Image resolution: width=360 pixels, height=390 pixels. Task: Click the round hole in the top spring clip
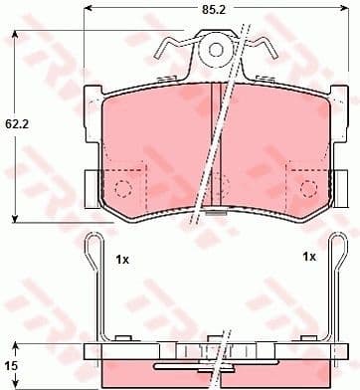tap(214, 48)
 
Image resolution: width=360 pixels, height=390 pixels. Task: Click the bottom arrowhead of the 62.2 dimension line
tap(13, 218)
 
